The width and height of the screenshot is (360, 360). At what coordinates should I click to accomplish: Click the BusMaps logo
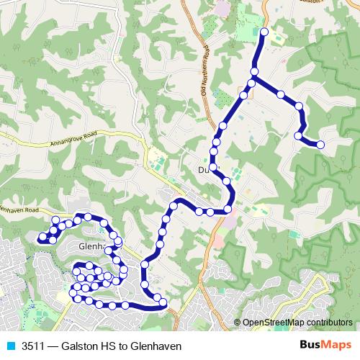coord(326,346)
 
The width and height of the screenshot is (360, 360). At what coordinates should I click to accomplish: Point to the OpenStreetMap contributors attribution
coord(297,323)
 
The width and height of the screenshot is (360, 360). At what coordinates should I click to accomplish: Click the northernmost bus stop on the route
coord(264,32)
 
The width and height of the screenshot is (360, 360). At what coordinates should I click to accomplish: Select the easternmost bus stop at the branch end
coord(320,145)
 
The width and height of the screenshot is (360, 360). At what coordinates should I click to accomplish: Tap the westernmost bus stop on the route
coord(42,237)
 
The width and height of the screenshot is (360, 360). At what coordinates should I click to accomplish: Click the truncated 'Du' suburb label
coord(203,170)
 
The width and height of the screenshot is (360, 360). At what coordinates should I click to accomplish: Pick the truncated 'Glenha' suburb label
coord(91,246)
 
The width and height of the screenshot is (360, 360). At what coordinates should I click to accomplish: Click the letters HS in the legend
coord(107,346)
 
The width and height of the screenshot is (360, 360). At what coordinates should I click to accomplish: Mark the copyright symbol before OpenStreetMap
coord(238,323)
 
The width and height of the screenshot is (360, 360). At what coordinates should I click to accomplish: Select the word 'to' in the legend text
coord(122,346)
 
